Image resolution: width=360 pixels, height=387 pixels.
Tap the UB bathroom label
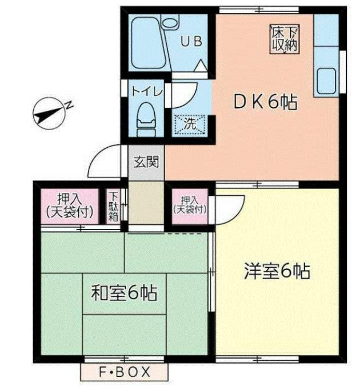(x=191, y=41)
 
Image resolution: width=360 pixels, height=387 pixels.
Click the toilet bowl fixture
(x=147, y=117)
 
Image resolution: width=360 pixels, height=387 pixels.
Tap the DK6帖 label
(x=264, y=103)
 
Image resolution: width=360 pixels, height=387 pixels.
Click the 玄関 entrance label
(x=146, y=162)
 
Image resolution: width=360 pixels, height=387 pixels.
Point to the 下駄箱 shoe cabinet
(x=114, y=206)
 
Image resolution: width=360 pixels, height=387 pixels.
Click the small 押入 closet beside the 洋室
(x=190, y=205)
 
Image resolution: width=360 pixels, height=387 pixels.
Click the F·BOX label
(x=125, y=373)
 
